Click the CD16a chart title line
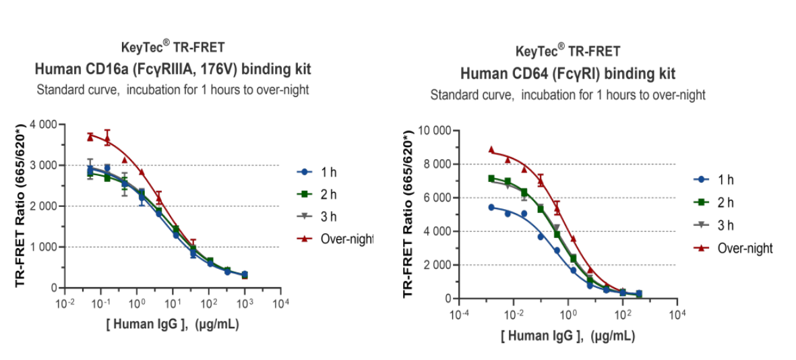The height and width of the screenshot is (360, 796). coord(173,69)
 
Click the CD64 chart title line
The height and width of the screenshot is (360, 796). coord(568,73)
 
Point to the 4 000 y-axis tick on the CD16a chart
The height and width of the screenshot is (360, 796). coord(42,125)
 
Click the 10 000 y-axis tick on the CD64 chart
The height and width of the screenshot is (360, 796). coord(435,130)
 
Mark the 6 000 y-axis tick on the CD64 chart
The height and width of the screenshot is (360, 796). coord(437,198)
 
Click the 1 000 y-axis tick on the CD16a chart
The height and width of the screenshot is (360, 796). coord(42,247)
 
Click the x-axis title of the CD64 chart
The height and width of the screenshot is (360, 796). coord(568,336)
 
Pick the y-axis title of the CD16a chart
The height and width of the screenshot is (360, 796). coord(20,205)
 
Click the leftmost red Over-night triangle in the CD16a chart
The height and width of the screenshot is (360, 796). coord(90,137)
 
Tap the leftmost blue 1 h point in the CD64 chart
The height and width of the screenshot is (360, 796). coord(491,207)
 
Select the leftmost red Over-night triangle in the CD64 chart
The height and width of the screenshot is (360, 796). coord(491,150)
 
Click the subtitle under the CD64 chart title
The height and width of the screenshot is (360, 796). coord(568,95)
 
